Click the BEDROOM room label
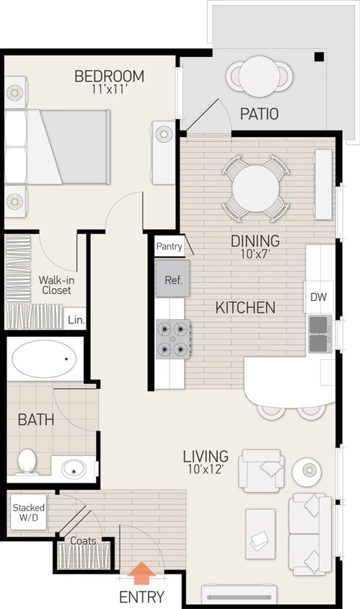coord(109,76)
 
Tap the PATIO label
coord(259,114)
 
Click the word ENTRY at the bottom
coord(142,597)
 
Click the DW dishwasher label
coord(318,297)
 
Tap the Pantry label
coord(169,247)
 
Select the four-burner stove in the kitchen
coord(173,339)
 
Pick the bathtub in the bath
coord(45,359)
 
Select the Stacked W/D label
coord(28,513)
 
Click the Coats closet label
coord(83,540)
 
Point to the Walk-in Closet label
coord(55,284)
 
